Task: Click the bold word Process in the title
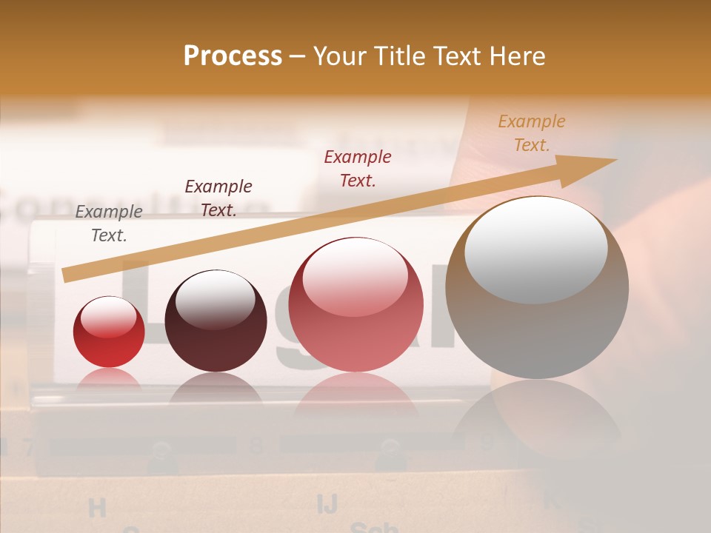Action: pyautogui.click(x=233, y=56)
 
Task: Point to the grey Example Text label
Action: pyautogui.click(x=109, y=224)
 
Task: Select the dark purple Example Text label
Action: pyautogui.click(x=218, y=198)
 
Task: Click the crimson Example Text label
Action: pyautogui.click(x=358, y=168)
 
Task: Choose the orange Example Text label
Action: pyautogui.click(x=532, y=133)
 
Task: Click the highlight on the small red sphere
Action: pyautogui.click(x=108, y=318)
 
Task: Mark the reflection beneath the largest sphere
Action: pyautogui.click(x=537, y=418)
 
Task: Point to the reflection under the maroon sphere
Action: pyautogui.click(x=216, y=389)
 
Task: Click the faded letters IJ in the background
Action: pyautogui.click(x=327, y=504)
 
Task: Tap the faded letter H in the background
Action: pyautogui.click(x=97, y=508)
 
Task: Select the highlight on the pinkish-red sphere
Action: pyautogui.click(x=355, y=278)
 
